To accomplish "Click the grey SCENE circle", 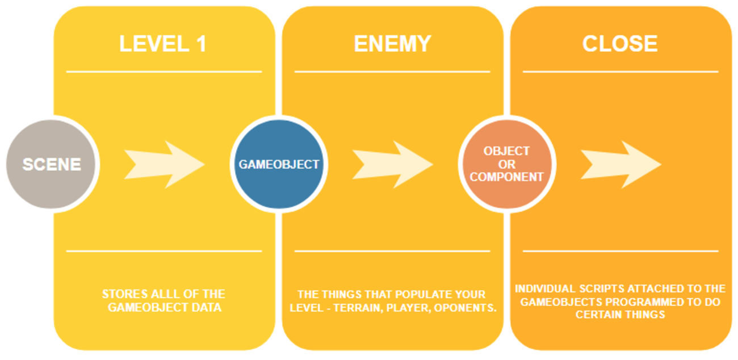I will click(52, 165).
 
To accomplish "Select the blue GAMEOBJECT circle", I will click(279, 165).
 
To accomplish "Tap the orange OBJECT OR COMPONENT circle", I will click(506, 165).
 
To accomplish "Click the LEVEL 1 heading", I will click(163, 44).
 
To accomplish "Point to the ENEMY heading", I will click(392, 44).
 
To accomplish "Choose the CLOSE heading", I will click(620, 44).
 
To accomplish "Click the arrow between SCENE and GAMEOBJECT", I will click(164, 165).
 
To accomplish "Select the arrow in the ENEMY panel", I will click(392, 165).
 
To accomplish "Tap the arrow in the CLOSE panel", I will click(620, 165).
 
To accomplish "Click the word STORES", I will click(121, 294).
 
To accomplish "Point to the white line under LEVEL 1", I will click(164, 72).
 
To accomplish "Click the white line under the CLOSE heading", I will click(620, 72).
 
